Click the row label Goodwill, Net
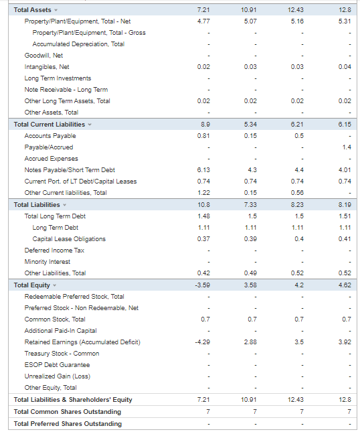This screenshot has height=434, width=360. [43, 56]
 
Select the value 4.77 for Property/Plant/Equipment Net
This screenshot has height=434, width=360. [205, 21]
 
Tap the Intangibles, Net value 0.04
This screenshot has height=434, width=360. [345, 67]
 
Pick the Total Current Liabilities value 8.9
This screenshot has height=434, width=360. [206, 125]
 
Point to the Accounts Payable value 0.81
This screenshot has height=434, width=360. [205, 136]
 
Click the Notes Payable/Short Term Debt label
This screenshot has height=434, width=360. [70, 170]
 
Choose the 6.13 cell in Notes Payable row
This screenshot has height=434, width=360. [205, 170]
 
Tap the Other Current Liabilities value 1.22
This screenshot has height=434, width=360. [205, 193]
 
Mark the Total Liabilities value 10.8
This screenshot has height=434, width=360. [205, 204]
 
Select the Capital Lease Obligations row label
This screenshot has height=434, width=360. [69, 239]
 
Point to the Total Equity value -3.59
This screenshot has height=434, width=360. [203, 285]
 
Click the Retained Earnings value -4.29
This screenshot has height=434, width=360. [203, 342]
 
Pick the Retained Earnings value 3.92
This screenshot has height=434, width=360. [345, 342]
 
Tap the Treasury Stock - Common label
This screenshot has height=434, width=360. [62, 354]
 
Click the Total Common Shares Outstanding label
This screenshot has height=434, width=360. [68, 411]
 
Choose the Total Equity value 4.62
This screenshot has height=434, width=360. [345, 285]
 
